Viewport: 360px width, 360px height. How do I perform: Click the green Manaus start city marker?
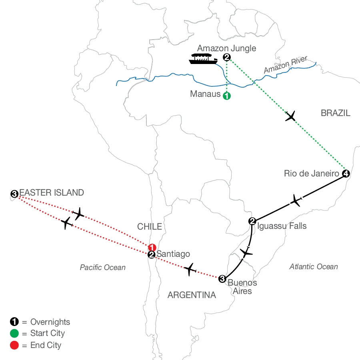pos(227,96)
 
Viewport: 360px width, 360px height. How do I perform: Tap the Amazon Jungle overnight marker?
pos(227,57)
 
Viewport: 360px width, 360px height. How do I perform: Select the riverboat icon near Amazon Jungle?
pos(203,59)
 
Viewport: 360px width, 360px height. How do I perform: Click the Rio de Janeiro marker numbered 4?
pos(346,174)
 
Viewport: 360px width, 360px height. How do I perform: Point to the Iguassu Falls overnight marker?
pos(252,221)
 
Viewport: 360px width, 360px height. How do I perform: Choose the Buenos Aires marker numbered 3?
pos(222,279)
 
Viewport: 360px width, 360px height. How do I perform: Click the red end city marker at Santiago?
pos(152,248)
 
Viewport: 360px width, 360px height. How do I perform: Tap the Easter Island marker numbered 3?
pos(14,194)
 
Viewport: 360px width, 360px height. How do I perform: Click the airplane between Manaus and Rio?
pos(290,116)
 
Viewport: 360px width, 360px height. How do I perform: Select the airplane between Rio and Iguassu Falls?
pos(296,200)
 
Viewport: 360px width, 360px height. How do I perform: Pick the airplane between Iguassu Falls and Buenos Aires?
pos(246,252)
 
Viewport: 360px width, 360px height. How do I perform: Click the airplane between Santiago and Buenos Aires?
pos(190,269)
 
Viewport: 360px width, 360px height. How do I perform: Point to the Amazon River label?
pos(285,64)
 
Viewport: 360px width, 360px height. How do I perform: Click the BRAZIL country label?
pos(336,113)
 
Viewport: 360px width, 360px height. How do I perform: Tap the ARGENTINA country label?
pos(192,295)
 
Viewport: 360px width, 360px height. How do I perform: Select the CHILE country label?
pos(150,227)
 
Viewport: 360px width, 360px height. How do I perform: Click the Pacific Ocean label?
pos(103,268)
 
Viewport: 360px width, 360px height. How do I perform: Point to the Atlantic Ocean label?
pos(313,266)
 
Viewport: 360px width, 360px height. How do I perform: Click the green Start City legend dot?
pos(14,333)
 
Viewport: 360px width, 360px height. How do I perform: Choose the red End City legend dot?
pos(14,345)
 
